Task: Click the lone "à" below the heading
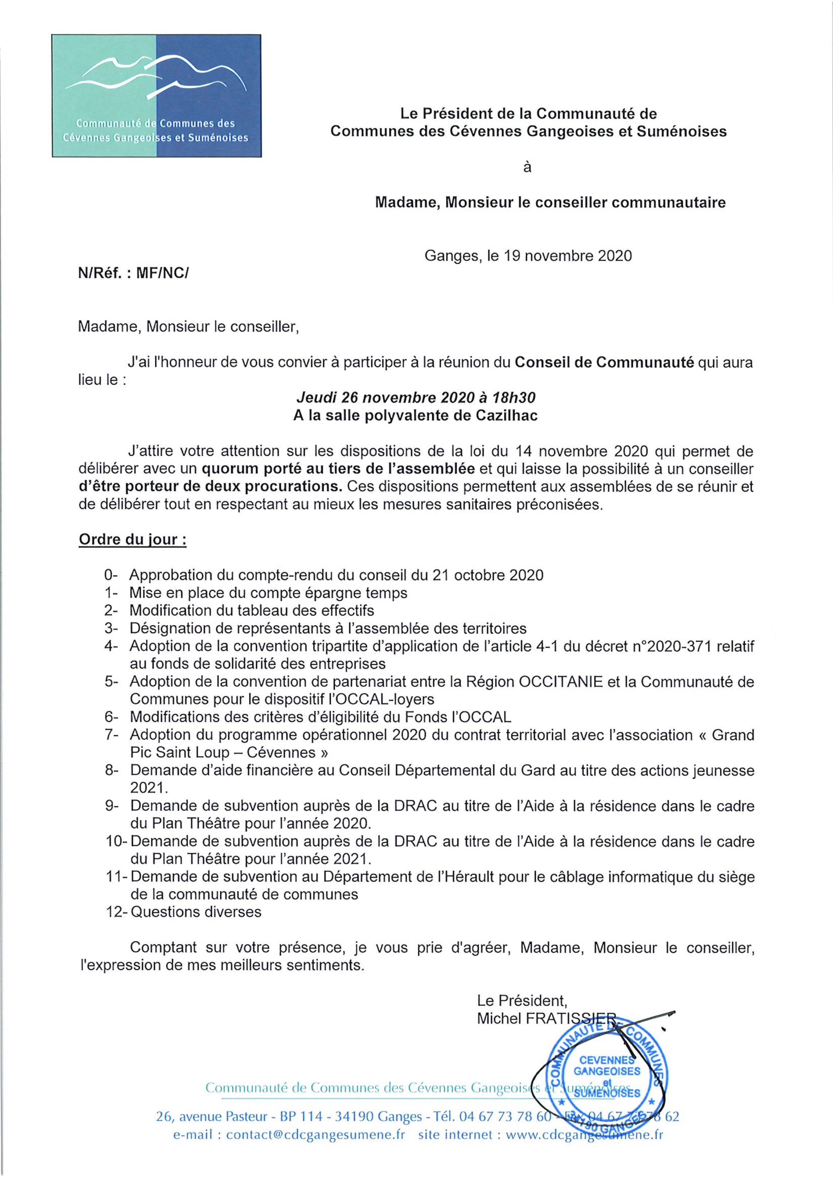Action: point(527,167)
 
